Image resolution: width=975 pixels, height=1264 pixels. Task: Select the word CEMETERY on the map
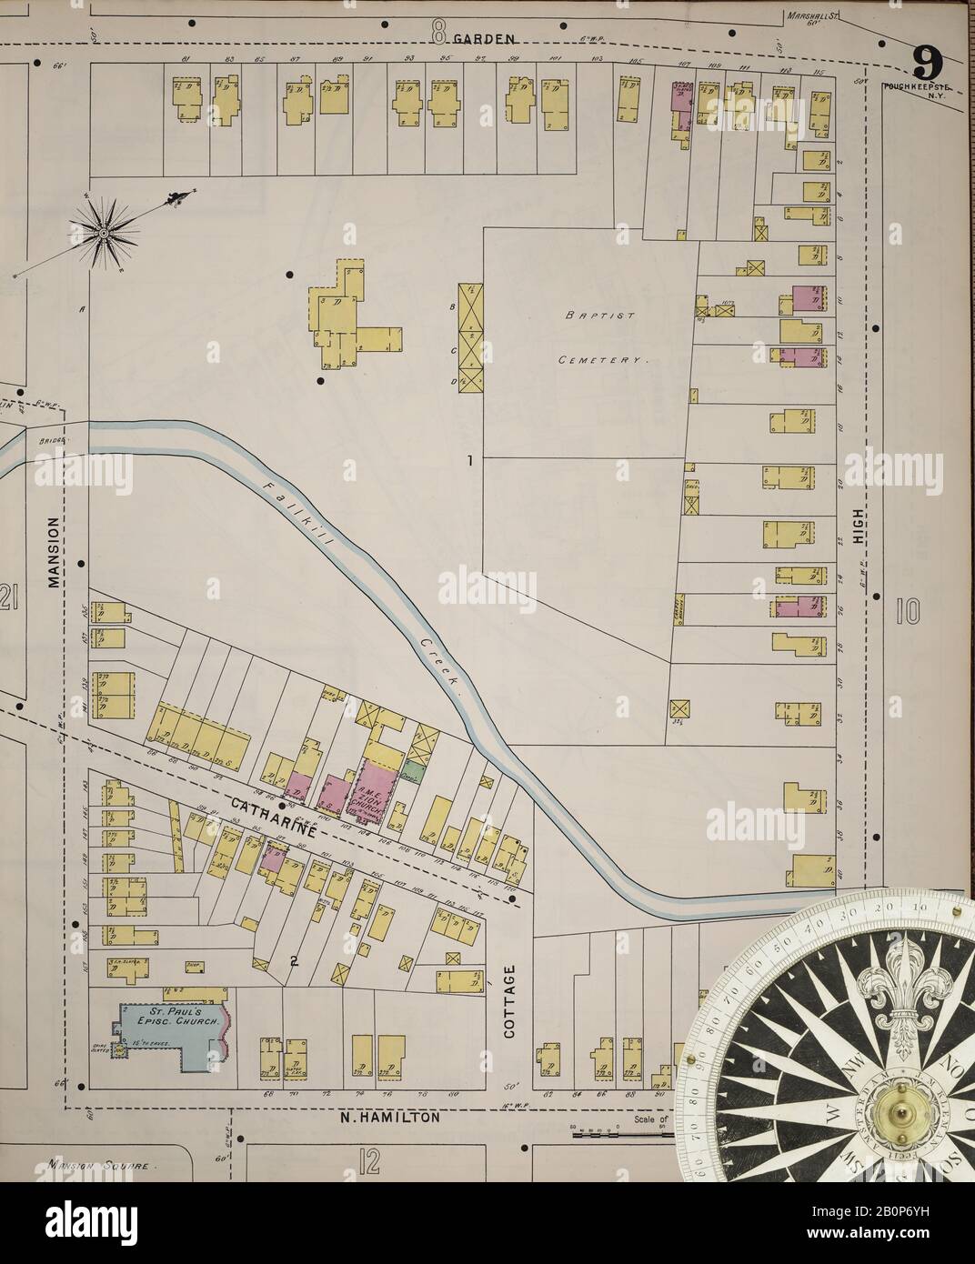pyautogui.click(x=602, y=360)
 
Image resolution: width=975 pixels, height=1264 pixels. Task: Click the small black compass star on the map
pyautogui.click(x=104, y=233)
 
